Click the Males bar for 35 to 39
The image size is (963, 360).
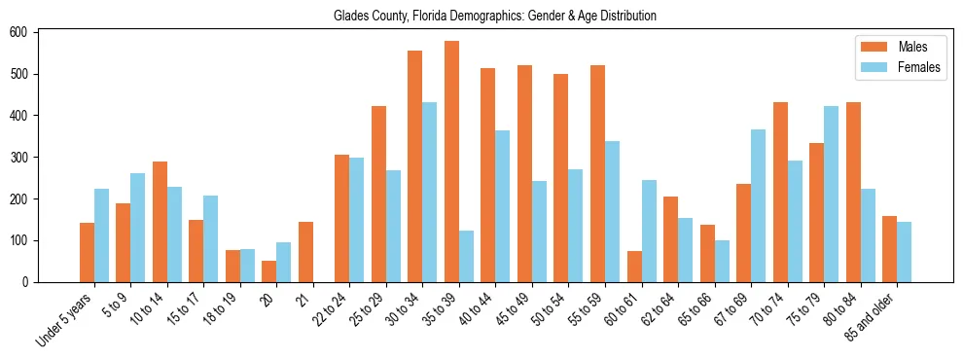(x=451, y=162)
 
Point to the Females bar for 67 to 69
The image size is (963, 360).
(x=758, y=205)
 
